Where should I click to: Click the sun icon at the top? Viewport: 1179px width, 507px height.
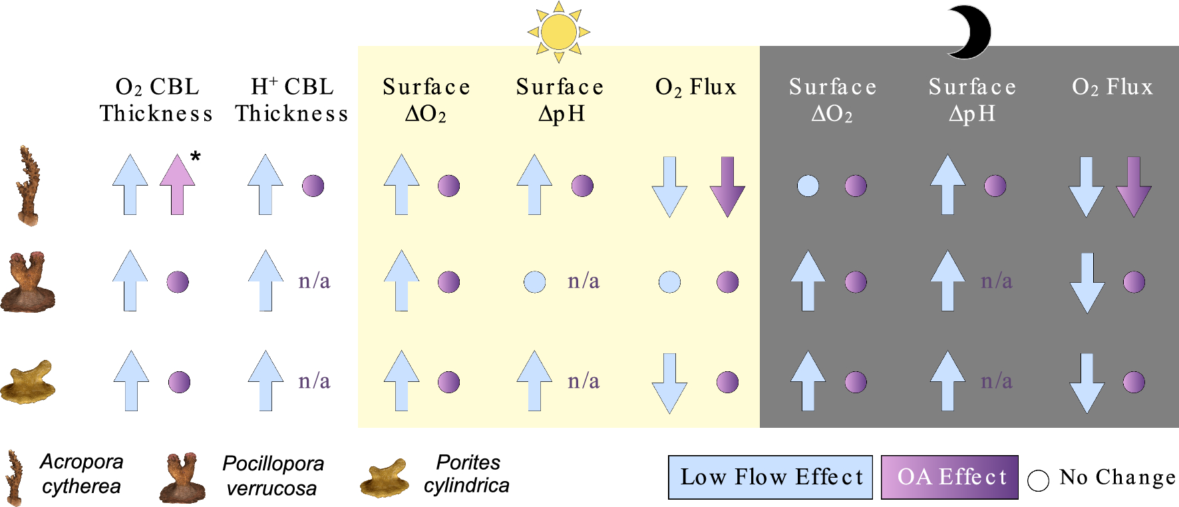click(x=559, y=31)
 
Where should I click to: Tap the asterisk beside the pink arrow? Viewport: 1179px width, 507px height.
click(x=195, y=156)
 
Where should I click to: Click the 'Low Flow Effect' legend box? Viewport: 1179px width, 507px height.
click(x=770, y=477)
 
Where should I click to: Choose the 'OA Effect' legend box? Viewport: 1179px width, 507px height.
click(x=949, y=477)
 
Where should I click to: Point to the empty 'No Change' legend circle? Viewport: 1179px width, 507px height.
click(x=1038, y=480)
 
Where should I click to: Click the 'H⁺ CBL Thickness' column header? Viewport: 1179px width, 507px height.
click(x=291, y=100)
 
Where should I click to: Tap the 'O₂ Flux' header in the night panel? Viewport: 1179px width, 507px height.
click(x=1112, y=87)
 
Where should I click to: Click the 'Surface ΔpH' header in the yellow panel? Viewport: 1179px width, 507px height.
click(x=560, y=100)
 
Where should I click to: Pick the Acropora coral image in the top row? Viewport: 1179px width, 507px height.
click(x=28, y=186)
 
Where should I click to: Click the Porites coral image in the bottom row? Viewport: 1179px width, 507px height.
click(x=28, y=382)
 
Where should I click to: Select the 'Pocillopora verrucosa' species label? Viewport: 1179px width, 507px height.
click(x=272, y=476)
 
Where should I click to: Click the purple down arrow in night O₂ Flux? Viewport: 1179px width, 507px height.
click(x=1133, y=187)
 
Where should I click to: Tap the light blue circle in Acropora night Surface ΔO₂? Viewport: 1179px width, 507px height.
click(x=808, y=186)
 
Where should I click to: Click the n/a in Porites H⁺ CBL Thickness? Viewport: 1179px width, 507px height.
click(x=314, y=381)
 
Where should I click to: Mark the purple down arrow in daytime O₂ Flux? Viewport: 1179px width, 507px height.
click(x=727, y=187)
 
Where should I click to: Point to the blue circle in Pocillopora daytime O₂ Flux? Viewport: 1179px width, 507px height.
click(x=669, y=282)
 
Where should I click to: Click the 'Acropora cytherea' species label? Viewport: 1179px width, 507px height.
click(x=81, y=474)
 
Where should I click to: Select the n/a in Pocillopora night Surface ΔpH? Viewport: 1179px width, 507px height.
click(x=996, y=281)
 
